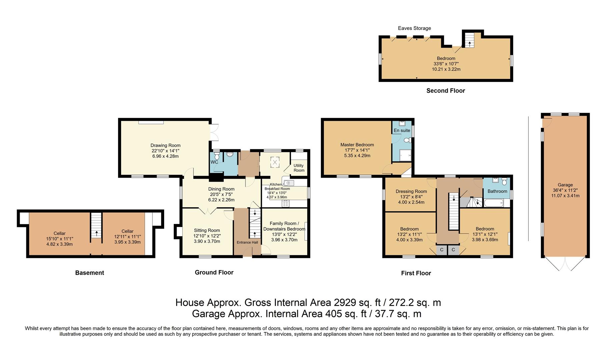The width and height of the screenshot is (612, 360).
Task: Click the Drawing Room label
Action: coord(165,145)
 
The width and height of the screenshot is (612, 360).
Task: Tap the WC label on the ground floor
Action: coord(214,162)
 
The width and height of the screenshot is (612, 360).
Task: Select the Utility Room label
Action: coord(299,168)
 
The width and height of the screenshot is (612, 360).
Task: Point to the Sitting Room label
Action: coord(207,230)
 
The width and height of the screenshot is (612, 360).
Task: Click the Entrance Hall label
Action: coord(247,242)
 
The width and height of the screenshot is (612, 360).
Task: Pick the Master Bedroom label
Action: coord(357,145)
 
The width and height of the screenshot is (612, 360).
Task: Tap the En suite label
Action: coord(402,130)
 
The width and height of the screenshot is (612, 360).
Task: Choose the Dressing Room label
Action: coord(411,191)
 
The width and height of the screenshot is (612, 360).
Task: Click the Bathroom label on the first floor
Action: coord(497,191)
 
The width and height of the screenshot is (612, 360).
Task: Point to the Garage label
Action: coord(565,185)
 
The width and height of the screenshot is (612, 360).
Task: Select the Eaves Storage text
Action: coord(415,28)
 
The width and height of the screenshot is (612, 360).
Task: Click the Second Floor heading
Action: coord(446,91)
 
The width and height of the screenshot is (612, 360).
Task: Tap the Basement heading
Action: coord(89,273)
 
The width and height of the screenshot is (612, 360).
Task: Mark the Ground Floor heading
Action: coord(214,272)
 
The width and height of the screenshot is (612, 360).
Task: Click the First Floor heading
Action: coord(416,273)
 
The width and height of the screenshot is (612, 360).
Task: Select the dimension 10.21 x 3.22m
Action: coord(446,69)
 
